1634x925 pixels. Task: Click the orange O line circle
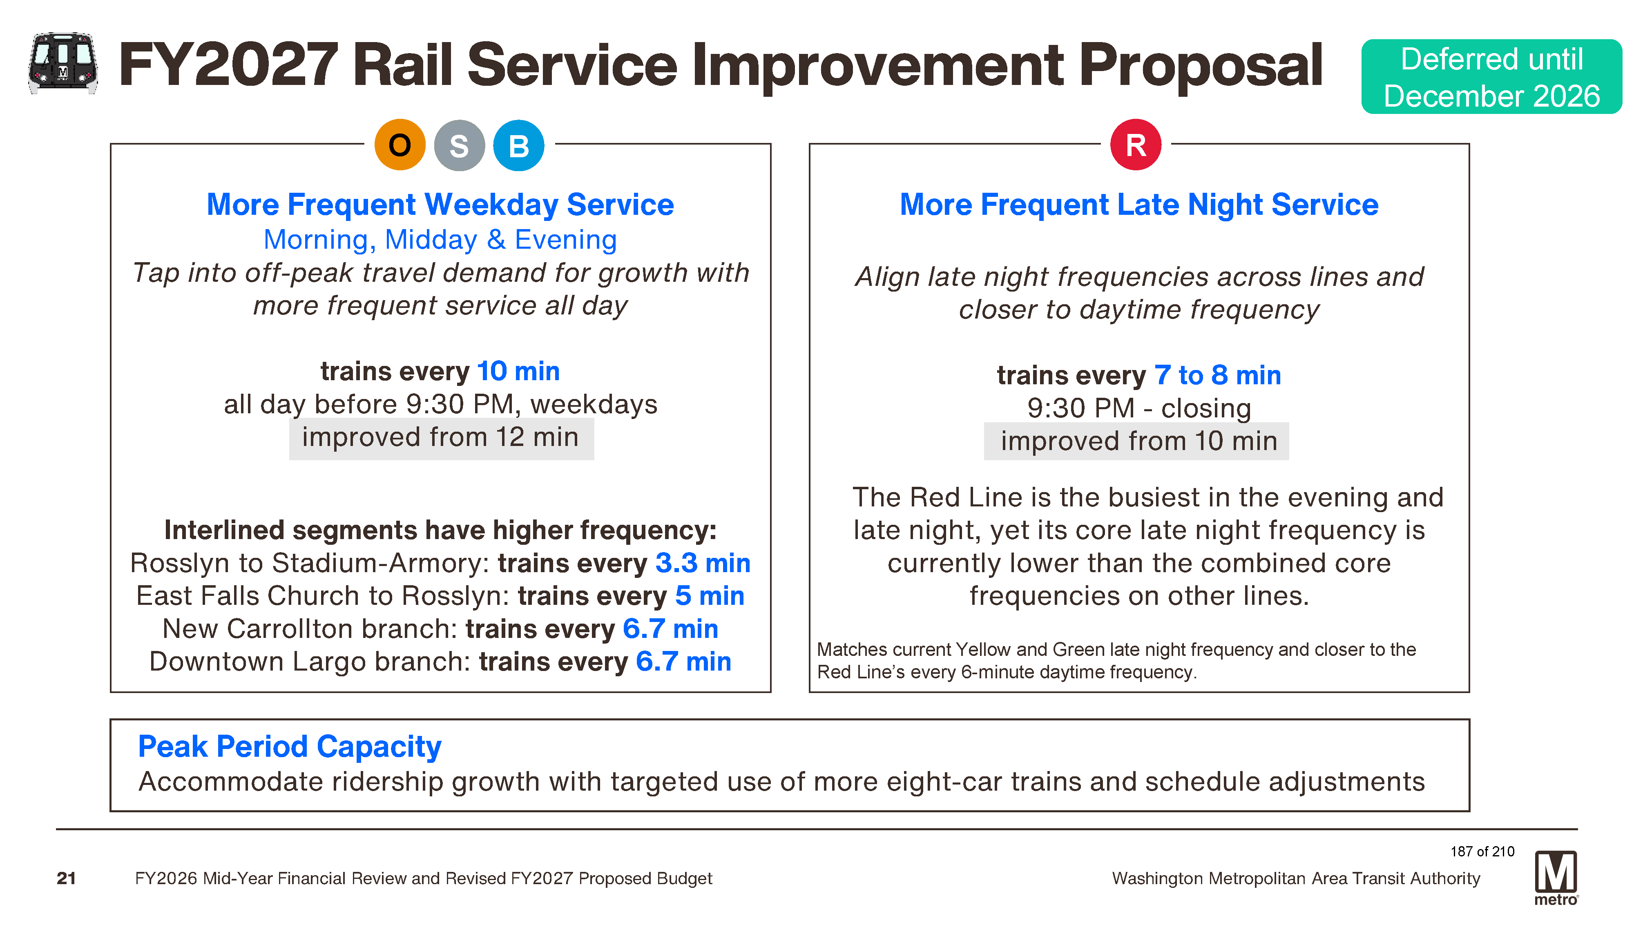click(x=400, y=145)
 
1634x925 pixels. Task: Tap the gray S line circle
click(x=459, y=145)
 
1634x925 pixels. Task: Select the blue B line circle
click(x=518, y=145)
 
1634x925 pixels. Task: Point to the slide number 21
click(x=66, y=878)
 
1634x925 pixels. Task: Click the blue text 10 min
click(x=518, y=371)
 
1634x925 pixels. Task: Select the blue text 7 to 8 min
click(x=1217, y=375)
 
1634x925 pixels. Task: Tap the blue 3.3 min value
click(x=703, y=563)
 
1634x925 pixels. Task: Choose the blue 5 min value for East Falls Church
click(x=710, y=596)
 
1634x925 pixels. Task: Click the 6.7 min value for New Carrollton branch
click(x=670, y=629)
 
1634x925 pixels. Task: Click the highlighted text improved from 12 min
click(x=440, y=438)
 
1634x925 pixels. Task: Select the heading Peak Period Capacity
click(x=290, y=747)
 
